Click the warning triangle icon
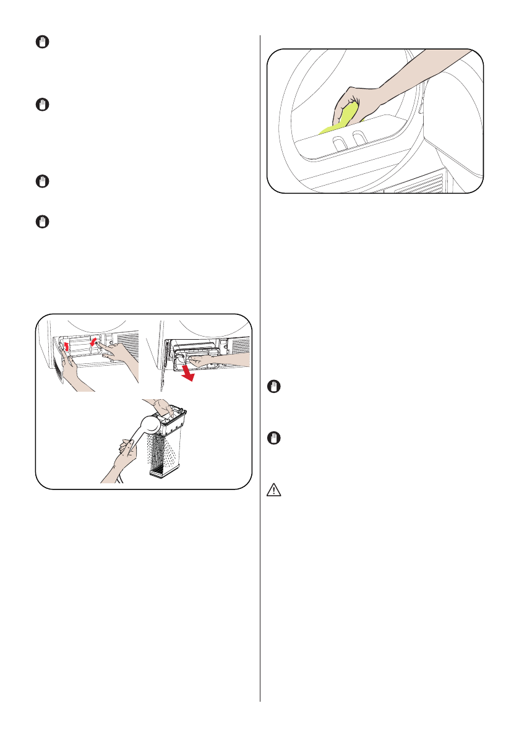[273, 490]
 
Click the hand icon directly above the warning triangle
[273, 438]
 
